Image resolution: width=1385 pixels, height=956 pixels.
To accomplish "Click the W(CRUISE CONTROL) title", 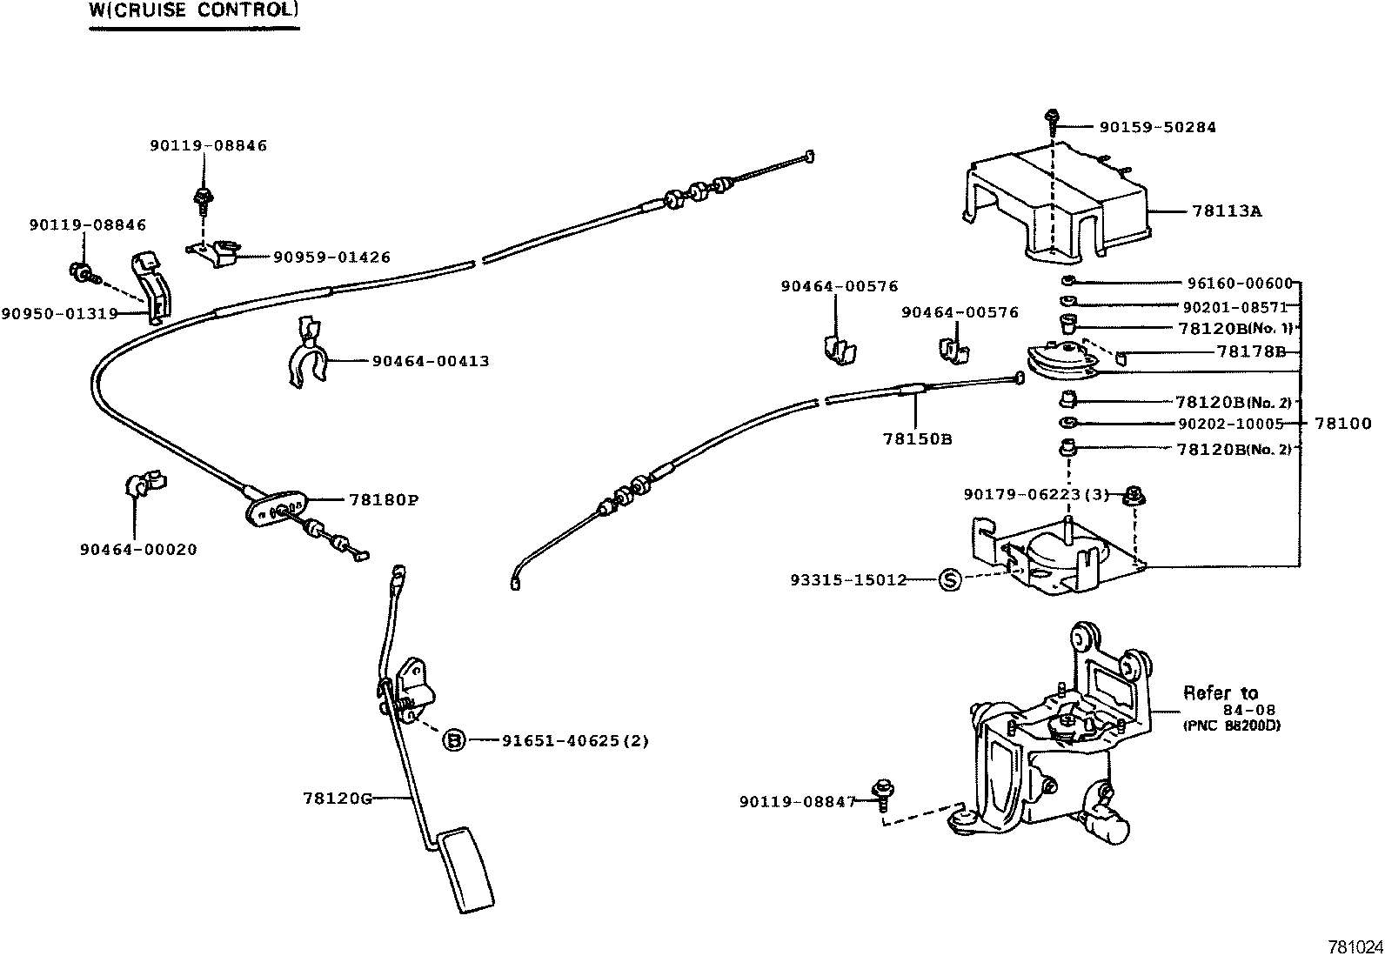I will click(194, 11).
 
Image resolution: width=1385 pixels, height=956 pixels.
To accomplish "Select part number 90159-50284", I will click(1157, 127).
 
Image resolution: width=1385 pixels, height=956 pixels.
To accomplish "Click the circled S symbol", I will click(949, 580).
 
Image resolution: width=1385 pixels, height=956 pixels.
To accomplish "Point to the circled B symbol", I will click(453, 740).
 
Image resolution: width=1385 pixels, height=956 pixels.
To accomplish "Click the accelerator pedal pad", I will click(465, 870).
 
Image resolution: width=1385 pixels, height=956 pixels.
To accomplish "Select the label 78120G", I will click(338, 798).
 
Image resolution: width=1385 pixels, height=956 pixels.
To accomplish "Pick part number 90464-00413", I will click(430, 361).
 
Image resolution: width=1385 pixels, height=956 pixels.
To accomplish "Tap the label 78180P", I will click(384, 500).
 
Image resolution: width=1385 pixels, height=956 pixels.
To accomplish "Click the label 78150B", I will click(918, 439).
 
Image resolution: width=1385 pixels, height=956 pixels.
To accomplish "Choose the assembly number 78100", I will click(1342, 424).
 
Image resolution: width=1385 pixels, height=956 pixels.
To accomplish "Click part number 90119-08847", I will click(798, 801).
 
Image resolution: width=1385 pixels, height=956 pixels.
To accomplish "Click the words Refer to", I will click(1220, 693).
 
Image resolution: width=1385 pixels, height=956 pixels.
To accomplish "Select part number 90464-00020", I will click(138, 550).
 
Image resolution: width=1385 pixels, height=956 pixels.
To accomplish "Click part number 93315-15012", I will click(848, 579).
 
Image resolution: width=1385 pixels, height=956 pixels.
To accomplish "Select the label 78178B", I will click(1251, 351).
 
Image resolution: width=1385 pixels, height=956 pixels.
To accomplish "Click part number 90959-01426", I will click(331, 257).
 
